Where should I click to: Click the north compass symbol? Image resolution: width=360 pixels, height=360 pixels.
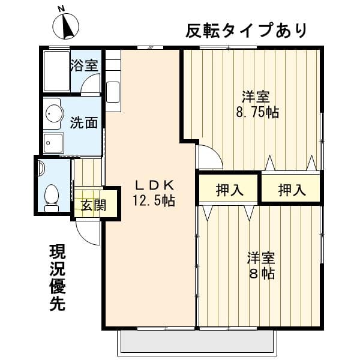[x=65, y=26]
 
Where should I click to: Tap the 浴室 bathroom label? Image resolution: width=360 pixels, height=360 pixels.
[x=85, y=65]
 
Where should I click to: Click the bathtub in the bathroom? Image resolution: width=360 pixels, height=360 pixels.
[x=56, y=71]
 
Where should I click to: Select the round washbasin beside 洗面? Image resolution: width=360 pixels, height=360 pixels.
[x=53, y=113]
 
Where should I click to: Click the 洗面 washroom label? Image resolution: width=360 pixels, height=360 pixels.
[x=84, y=123]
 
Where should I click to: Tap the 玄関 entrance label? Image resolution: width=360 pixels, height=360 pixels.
[x=93, y=205]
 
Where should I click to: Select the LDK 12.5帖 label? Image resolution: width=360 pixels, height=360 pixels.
[x=154, y=193]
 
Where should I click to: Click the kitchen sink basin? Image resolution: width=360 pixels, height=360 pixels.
[x=113, y=92]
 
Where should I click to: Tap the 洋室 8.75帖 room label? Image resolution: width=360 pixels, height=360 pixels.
[x=257, y=104]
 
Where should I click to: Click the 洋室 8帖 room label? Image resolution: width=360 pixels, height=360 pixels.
[x=262, y=265]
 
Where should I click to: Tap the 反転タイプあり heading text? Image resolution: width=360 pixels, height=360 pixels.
[x=246, y=31]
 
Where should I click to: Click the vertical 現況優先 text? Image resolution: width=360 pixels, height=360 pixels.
[x=58, y=278]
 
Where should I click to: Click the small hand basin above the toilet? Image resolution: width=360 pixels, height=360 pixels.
[x=41, y=169]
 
